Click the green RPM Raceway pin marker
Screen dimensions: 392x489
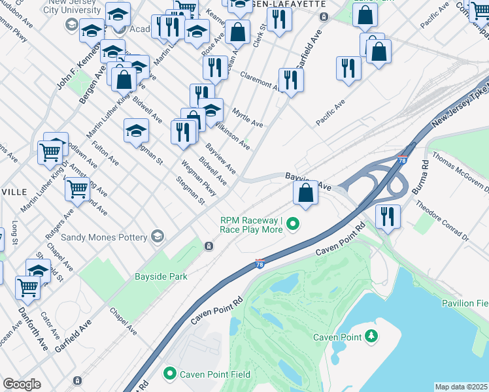tap(294, 225)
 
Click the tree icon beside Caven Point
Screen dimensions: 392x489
tap(372, 336)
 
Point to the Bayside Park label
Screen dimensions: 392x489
tap(161, 276)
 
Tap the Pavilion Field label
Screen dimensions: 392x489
tap(465, 303)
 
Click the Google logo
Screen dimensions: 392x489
tap(22, 384)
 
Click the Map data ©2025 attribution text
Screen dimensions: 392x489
tap(462, 387)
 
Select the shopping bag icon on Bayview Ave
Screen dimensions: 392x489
tap(305, 193)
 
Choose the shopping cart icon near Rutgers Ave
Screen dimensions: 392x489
tap(77, 189)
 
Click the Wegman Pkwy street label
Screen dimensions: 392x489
tap(198, 178)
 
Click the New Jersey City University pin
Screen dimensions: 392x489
tap(71, 25)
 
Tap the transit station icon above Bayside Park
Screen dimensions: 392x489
tap(208, 246)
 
